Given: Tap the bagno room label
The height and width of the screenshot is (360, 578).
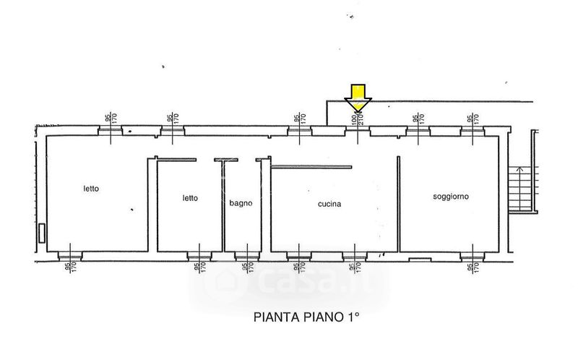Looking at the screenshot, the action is (x=241, y=204).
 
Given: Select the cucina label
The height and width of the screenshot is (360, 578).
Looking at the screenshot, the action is (x=329, y=204).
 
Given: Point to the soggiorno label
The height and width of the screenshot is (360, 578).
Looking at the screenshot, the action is (x=452, y=197).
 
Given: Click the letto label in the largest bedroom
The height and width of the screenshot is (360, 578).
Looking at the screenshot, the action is (x=91, y=189).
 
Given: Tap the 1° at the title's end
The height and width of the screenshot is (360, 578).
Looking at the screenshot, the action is (x=351, y=317).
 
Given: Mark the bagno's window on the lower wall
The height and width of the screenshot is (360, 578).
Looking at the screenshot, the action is (x=246, y=255).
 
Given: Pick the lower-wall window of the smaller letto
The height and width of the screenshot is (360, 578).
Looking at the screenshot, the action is (x=198, y=255).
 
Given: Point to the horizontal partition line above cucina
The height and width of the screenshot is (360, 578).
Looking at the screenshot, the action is (x=311, y=168).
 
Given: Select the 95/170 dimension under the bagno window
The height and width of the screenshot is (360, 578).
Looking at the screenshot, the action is (x=246, y=268).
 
